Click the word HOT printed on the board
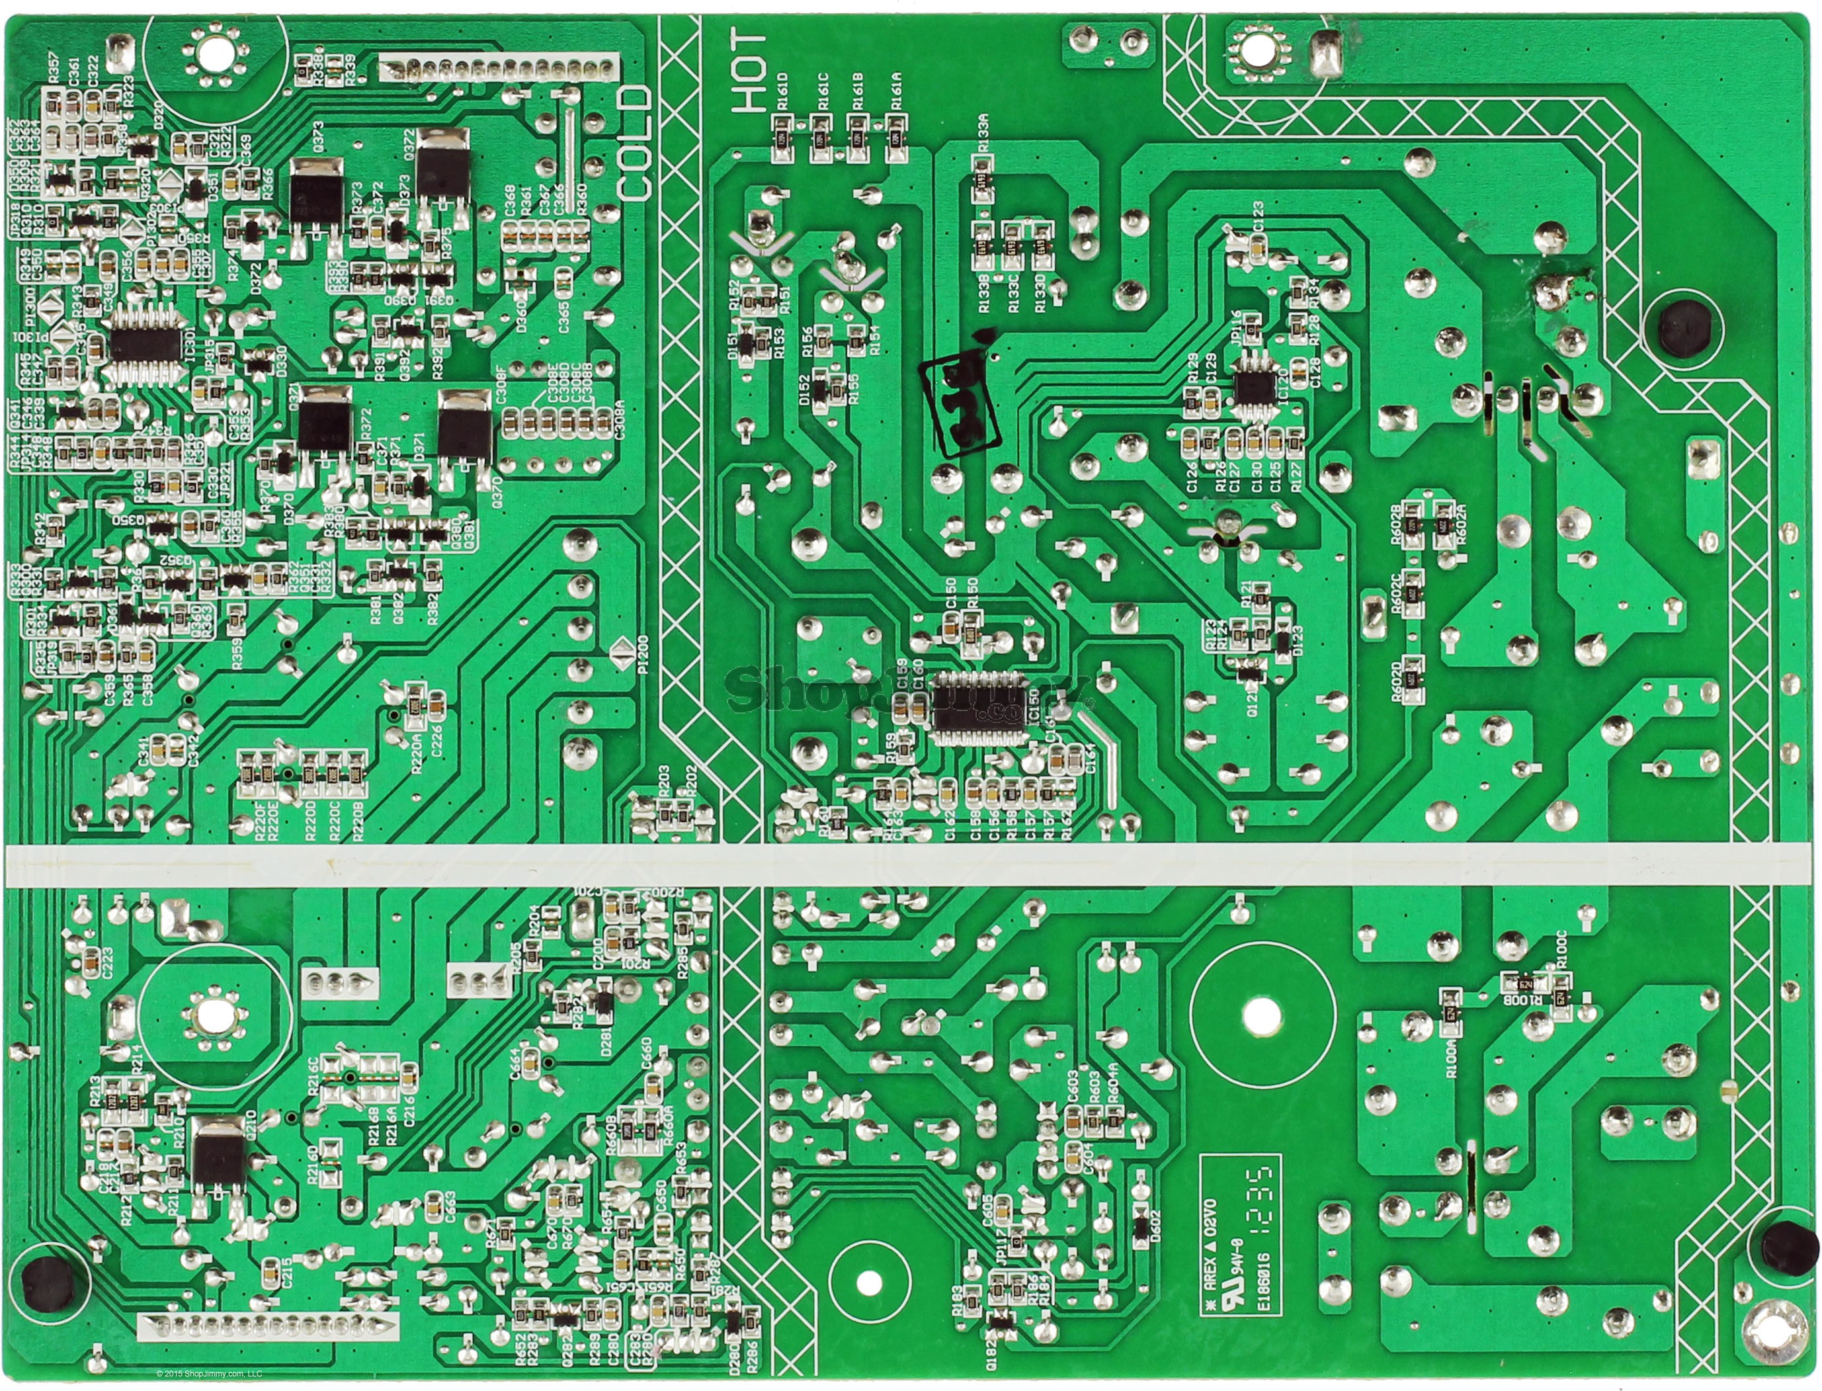coord(749,72)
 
